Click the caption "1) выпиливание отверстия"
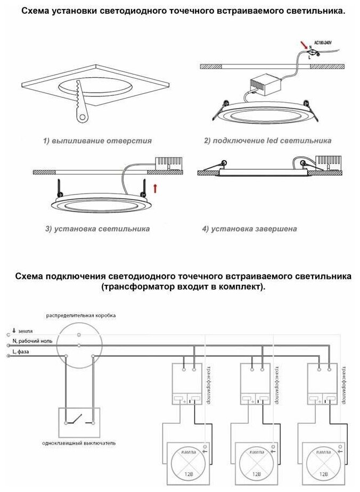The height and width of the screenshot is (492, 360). (97, 141)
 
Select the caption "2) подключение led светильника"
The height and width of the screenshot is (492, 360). (268, 141)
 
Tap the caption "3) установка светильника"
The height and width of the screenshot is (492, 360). (97, 229)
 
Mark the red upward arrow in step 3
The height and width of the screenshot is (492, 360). (155, 187)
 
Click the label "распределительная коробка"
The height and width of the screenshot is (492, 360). (81, 316)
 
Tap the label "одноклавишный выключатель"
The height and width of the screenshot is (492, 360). (79, 443)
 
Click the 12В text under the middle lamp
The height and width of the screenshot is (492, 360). (256, 474)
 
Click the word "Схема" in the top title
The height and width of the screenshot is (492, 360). (37, 11)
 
